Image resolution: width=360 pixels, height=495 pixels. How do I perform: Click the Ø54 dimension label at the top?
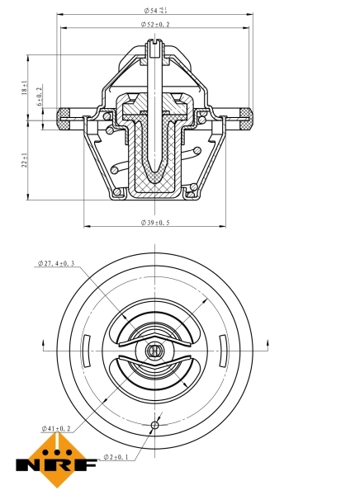154,11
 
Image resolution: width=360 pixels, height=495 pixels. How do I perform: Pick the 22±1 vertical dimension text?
26,160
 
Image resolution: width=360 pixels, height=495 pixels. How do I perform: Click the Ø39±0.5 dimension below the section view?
155,223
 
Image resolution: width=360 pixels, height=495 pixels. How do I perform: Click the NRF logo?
53,463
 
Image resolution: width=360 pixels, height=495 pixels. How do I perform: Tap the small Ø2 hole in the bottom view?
154,426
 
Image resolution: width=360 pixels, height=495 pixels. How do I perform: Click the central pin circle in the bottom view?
154,351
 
